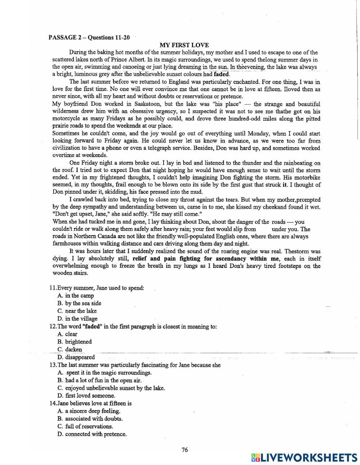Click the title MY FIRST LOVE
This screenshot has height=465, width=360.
coord(184,45)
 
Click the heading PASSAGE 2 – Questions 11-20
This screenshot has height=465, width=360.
coord(89,37)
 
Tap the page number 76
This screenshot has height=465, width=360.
coord(185,450)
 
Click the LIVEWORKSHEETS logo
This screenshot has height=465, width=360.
coord(304,457)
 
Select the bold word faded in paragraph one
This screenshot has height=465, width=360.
coord(221,75)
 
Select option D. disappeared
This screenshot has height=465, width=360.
coord(76,357)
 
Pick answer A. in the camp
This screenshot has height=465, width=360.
coord(76,296)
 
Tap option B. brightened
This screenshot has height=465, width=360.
coord(75,342)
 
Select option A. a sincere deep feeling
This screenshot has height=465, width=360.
coord(89,411)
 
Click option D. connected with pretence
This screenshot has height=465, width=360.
coord(92,434)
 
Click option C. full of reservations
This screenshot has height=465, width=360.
coord(85,426)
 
